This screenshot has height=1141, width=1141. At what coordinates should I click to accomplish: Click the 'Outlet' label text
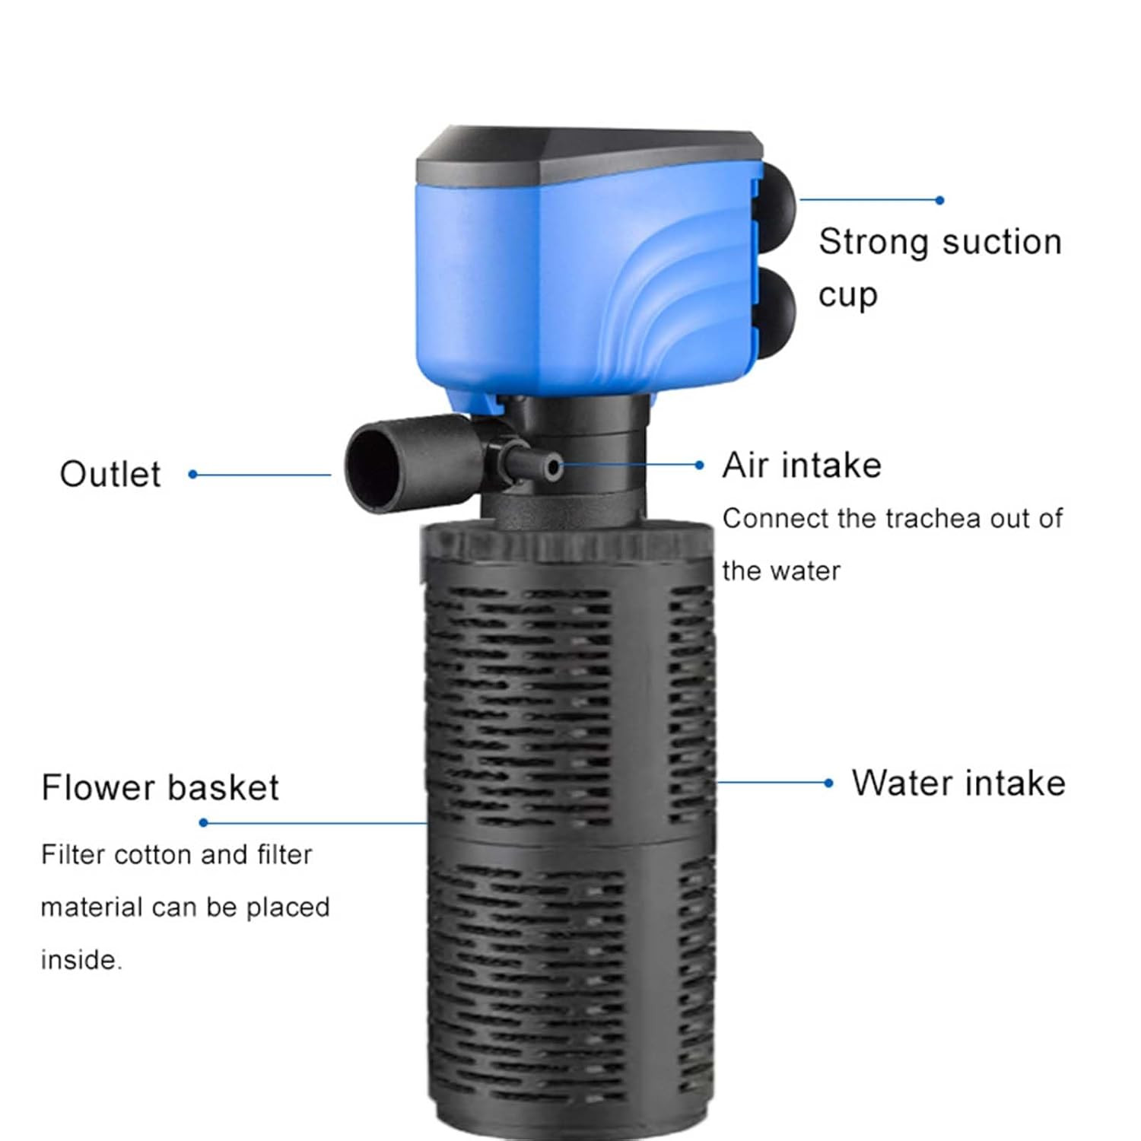tap(110, 475)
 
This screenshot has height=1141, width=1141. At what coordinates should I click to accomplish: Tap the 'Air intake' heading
tap(802, 465)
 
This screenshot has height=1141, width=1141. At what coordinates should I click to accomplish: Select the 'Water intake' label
tap(958, 783)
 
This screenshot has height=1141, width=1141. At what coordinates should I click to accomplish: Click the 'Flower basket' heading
tap(160, 787)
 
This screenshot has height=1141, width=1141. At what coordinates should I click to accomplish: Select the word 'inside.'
tap(81, 960)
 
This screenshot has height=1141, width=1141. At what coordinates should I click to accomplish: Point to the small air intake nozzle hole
tap(555, 467)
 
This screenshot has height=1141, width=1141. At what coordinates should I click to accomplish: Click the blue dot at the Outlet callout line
tap(193, 475)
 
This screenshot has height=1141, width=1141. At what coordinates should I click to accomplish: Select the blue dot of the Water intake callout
tap(829, 783)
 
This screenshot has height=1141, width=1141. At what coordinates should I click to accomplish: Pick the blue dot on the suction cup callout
tap(940, 200)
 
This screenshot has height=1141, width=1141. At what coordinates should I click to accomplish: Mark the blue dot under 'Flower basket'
tap(203, 822)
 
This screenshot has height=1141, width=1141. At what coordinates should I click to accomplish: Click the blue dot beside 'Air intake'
tap(700, 465)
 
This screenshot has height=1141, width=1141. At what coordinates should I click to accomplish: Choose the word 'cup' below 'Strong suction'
tap(848, 295)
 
